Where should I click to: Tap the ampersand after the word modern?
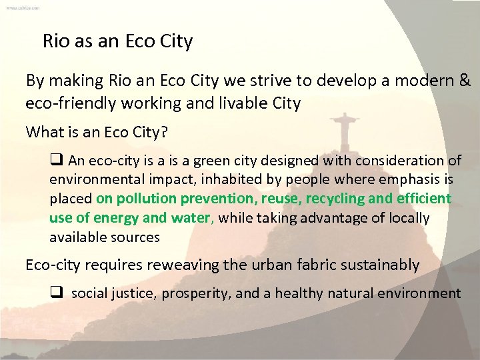click(x=464, y=81)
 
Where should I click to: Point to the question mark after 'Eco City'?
click(x=163, y=132)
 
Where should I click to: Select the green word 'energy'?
click(x=116, y=218)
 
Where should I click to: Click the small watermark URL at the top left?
click(x=23, y=7)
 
